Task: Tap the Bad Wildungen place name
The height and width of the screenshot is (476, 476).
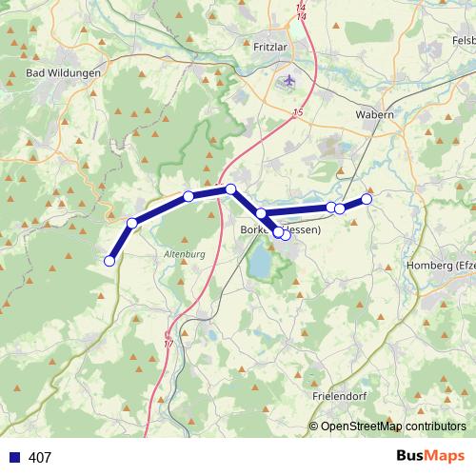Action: point(64,72)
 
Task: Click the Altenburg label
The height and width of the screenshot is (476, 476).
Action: point(185,255)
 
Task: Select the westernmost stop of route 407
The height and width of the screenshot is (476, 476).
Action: point(109,260)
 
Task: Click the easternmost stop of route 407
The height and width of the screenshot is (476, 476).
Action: point(367,199)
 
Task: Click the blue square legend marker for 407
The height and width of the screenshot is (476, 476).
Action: point(12,458)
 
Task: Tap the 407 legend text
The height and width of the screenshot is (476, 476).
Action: point(39,458)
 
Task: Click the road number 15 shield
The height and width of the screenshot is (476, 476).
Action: point(298,113)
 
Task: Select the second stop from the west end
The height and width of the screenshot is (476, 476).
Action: point(132,223)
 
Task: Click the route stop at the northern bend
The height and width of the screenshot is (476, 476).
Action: point(230,189)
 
